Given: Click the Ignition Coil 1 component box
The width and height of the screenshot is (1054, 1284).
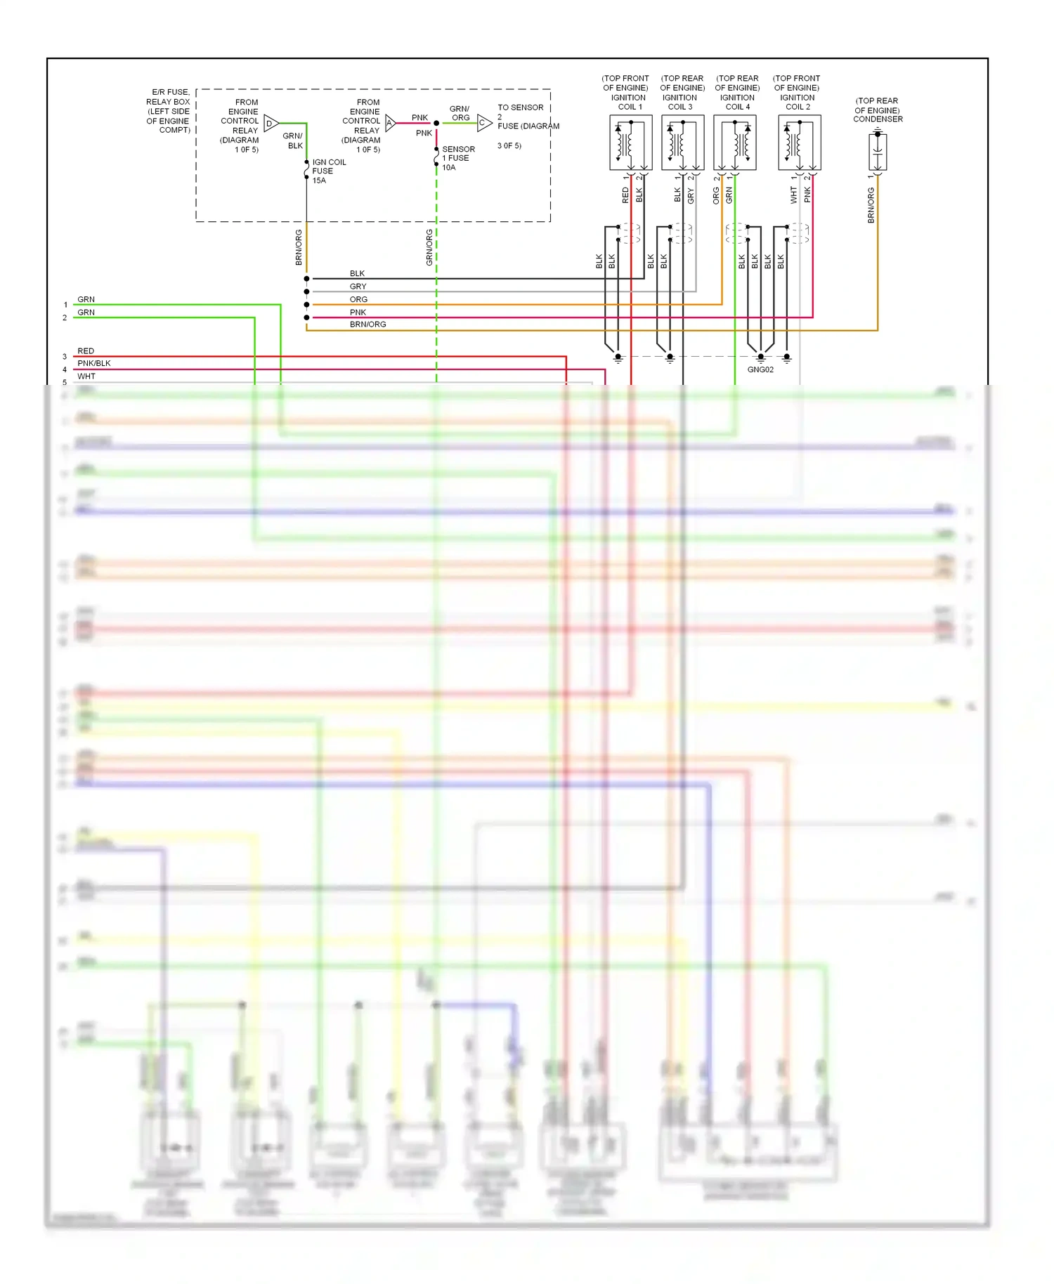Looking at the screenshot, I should (630, 143).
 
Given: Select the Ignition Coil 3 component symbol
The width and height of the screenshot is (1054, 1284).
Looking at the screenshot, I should (682, 143).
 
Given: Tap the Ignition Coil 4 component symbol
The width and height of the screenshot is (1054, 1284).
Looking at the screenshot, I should (734, 143).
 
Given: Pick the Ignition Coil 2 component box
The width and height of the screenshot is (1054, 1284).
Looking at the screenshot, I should (799, 143).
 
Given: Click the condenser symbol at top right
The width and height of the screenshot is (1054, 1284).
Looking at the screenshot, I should (878, 151).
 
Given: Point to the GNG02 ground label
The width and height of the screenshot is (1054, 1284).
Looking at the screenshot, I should (760, 369).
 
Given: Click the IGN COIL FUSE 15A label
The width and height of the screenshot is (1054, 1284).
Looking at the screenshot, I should (328, 171).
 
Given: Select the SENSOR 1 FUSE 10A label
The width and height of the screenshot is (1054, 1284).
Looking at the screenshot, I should (457, 158).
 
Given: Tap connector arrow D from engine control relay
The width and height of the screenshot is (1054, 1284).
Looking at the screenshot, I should (271, 124).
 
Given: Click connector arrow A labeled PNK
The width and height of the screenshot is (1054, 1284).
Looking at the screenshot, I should (391, 123).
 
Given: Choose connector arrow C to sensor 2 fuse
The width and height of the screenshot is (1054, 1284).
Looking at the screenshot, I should (484, 123).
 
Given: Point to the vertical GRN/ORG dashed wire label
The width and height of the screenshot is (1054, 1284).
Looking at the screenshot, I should (429, 247).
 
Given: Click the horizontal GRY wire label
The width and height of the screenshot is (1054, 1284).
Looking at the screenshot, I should (358, 287).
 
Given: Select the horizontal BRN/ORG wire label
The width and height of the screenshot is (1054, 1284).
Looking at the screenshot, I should (367, 325).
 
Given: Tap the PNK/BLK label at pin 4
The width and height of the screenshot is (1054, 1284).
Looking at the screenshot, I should (93, 363).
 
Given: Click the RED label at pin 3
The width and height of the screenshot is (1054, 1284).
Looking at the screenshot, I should (86, 351).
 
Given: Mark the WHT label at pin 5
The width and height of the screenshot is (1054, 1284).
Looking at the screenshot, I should (86, 376).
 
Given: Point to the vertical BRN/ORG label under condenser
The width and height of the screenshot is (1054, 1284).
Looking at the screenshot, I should (871, 205).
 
